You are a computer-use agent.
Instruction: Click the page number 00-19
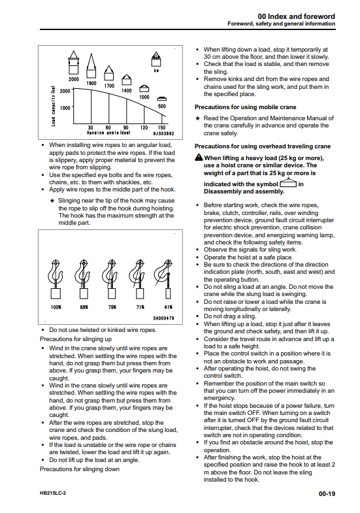coord(327,493)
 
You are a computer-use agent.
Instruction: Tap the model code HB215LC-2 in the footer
coord(53,493)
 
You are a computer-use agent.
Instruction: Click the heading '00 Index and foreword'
coord(296,16)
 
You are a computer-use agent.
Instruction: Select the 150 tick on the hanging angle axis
coord(161,127)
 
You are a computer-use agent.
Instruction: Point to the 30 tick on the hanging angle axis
coord(91,127)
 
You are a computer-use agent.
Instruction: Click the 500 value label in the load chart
coord(161,106)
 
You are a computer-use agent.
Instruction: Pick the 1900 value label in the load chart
coord(91,83)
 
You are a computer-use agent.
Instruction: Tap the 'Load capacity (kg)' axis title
coord(54,106)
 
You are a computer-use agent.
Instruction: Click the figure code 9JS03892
coord(163,133)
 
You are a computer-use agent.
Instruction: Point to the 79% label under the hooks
coord(112,307)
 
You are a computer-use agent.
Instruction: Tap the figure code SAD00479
coord(163,318)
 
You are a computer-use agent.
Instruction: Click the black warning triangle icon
coord(199,157)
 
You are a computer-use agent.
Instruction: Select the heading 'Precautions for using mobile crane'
coord(246,107)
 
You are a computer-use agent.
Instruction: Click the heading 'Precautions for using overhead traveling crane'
coord(263,146)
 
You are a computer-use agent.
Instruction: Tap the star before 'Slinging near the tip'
coord(52,201)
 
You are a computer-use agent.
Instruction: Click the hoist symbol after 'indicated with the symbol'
coord(288,182)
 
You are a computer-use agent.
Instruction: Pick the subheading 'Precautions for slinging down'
coord(80,469)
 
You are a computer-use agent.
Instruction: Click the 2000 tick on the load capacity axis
coord(65,91)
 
